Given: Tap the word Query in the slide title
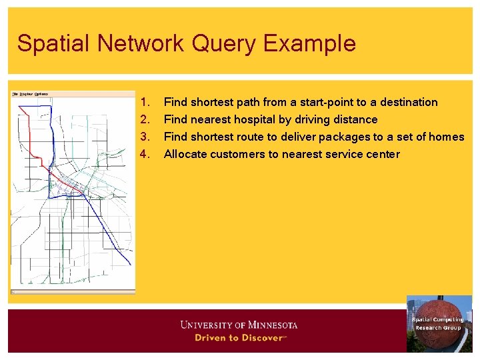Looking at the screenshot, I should [224, 43].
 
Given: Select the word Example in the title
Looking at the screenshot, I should [309, 43].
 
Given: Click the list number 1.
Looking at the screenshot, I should [146, 102].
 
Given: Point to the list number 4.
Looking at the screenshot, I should [146, 154].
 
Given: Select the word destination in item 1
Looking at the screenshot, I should [409, 102].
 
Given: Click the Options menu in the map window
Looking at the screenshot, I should [41, 94].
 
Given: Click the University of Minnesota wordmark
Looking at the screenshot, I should [239, 325].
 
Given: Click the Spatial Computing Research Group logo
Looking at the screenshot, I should [439, 323].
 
